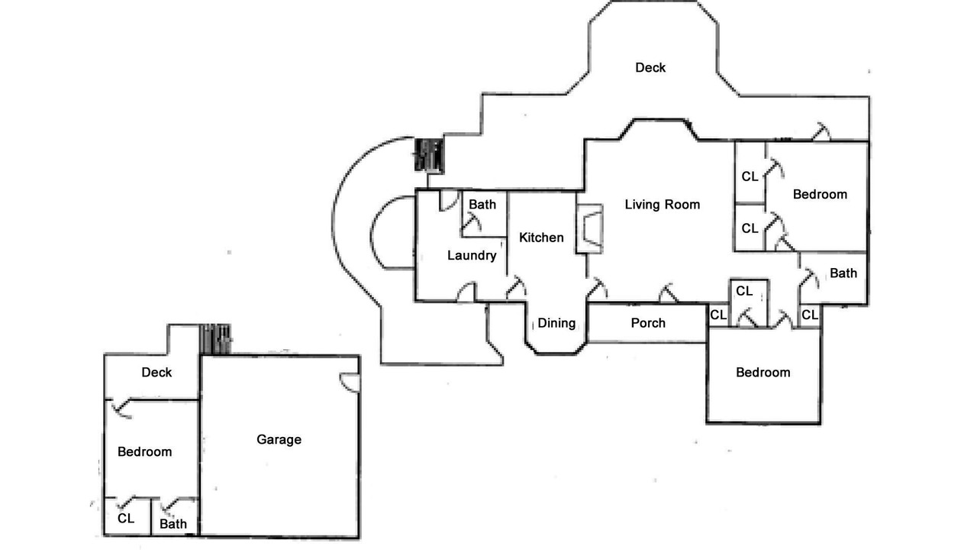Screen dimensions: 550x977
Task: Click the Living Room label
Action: click(x=662, y=204)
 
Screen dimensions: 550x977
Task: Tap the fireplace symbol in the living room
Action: click(x=589, y=228)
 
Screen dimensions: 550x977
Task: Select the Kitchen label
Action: click(x=541, y=238)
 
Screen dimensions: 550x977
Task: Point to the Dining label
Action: click(x=556, y=323)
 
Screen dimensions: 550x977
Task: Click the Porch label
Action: click(x=648, y=323)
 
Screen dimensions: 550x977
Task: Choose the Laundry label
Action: click(x=472, y=255)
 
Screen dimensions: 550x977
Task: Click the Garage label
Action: click(x=279, y=439)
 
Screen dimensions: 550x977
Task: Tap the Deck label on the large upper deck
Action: click(x=650, y=67)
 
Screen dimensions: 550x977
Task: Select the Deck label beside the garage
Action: click(x=156, y=373)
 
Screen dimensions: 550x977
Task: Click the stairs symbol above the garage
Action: click(x=215, y=339)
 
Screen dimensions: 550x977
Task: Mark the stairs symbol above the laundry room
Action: click(x=428, y=156)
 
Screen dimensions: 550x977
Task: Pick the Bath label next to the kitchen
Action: click(x=482, y=204)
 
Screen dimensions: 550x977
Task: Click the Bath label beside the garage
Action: click(x=173, y=524)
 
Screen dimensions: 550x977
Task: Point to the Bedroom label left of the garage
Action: click(x=144, y=451)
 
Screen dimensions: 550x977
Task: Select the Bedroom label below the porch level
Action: click(x=763, y=372)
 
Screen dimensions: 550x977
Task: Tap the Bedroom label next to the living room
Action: click(x=820, y=194)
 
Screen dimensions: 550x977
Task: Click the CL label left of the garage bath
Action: click(x=126, y=518)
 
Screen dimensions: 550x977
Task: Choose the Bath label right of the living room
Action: click(x=843, y=273)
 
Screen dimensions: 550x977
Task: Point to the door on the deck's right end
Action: click(x=821, y=132)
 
